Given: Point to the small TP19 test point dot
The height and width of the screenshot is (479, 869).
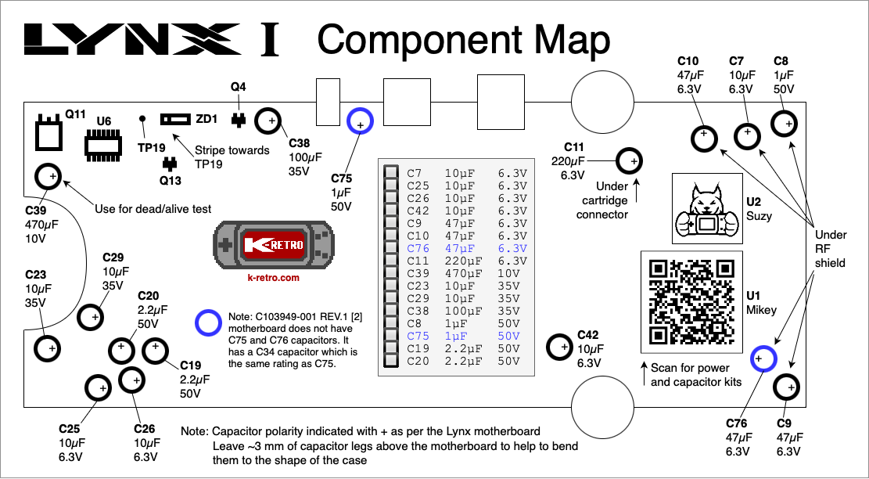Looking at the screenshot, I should point(142,119).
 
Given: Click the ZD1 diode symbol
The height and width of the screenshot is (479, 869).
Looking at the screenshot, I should point(176,119).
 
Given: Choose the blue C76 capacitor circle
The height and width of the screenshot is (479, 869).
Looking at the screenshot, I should point(763,358).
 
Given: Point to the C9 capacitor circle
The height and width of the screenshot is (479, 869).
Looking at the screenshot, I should point(786,387).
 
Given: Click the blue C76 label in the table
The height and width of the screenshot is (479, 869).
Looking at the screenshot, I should point(418,248).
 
